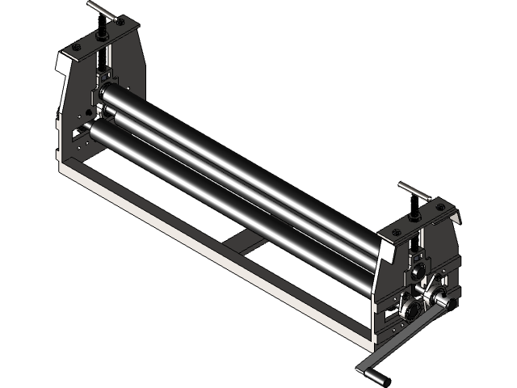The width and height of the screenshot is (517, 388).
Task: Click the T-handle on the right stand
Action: tap(414, 194)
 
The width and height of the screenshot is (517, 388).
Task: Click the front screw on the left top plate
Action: tap(75, 49)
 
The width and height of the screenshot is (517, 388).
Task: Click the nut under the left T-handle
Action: tap(103, 34)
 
